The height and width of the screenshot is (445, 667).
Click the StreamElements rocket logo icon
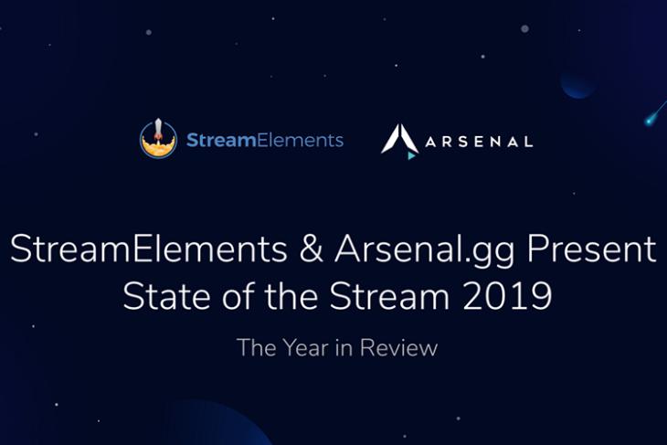[158, 139]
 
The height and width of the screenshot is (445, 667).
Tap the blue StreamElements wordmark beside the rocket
[265, 140]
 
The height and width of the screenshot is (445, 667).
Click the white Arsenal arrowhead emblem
[400, 139]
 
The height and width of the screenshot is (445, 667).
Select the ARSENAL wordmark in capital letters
[479, 142]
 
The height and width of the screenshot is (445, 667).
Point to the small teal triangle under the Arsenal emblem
[411, 155]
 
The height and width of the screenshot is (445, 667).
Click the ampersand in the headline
[311, 249]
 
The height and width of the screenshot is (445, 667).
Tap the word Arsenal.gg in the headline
[425, 251]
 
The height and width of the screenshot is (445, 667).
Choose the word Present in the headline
[592, 249]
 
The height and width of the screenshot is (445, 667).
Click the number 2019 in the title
[507, 296]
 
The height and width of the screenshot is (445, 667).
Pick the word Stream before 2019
[389, 296]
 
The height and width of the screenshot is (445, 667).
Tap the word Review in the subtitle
[398, 347]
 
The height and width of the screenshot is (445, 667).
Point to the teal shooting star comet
[655, 112]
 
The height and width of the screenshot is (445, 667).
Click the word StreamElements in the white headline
[148, 249]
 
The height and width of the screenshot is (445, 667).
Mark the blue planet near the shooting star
[577, 84]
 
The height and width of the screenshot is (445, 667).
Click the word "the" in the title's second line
[291, 296]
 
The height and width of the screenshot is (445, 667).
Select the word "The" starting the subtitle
[257, 347]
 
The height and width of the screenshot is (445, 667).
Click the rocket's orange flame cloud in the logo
[158, 147]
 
